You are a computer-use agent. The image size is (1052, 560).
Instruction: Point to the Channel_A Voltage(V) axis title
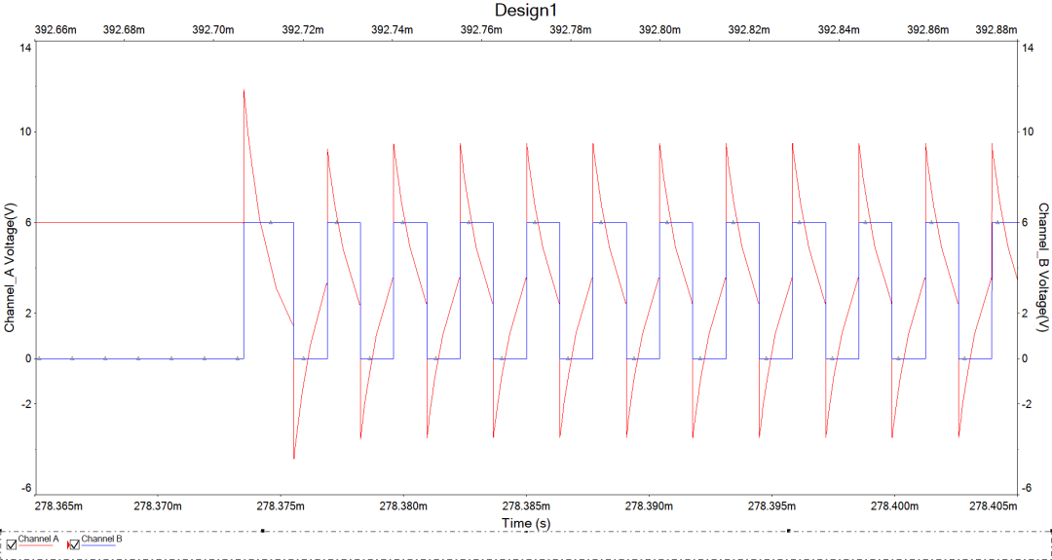click(10, 268)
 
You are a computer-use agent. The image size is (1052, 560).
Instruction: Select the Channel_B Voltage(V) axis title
click(1042, 268)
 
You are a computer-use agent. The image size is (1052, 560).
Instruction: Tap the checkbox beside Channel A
click(12, 544)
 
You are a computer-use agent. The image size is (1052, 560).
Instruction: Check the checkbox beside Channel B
click(73, 544)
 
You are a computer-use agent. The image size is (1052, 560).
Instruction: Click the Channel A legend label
click(39, 539)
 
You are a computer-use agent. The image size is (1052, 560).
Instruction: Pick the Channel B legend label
click(101, 539)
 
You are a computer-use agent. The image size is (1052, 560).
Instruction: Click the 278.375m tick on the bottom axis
click(281, 506)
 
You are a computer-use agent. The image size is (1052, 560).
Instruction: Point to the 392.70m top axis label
click(213, 29)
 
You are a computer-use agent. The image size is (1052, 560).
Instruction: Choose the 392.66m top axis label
click(56, 29)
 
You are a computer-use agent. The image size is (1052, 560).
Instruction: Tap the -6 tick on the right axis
click(1025, 488)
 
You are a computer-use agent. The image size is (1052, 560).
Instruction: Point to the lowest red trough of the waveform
click(294, 457)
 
